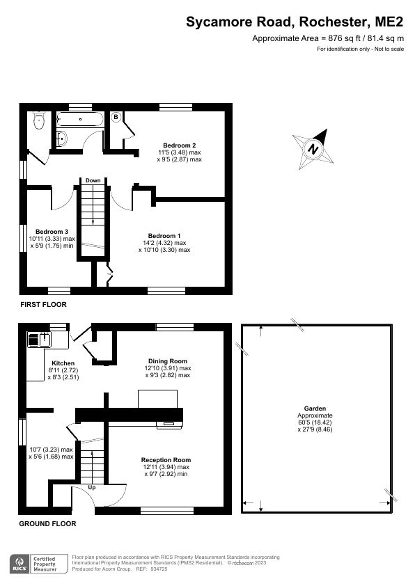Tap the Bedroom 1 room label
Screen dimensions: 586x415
164,236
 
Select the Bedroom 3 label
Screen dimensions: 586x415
52,231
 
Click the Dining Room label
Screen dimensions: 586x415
168,361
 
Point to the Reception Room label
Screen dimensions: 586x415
166,460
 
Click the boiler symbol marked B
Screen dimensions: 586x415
116,117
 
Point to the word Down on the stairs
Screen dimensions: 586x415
93,180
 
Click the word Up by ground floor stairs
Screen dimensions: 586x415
92,487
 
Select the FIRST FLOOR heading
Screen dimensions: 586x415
43,305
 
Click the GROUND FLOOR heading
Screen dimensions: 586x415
47,523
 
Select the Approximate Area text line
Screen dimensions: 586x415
327,39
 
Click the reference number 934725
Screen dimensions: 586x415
159,569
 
